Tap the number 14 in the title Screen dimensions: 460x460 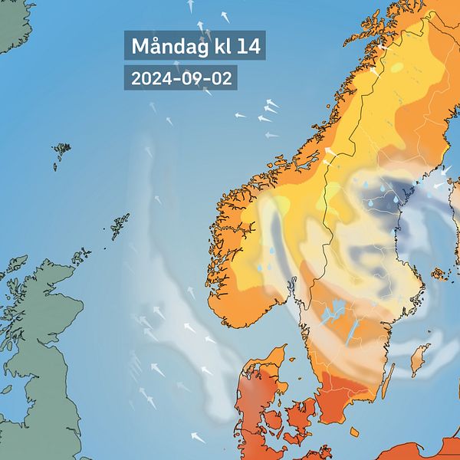click(x=248, y=46)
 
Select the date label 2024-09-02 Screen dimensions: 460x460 click(x=180, y=78)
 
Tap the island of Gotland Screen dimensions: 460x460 click(x=419, y=357)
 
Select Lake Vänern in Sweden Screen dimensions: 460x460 click(x=333, y=313)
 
